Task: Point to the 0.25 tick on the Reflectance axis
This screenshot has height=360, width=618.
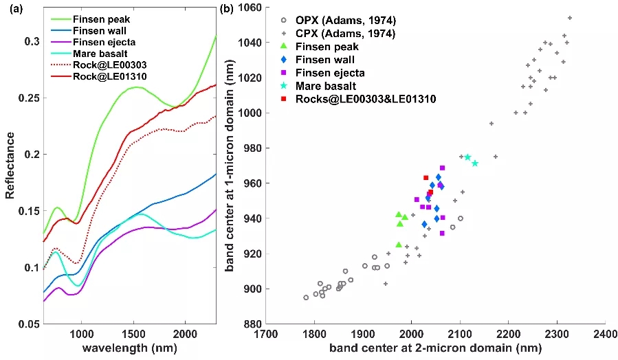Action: point(28,98)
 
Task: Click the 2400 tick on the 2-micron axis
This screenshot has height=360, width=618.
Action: point(604,335)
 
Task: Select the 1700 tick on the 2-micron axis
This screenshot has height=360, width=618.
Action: point(266,335)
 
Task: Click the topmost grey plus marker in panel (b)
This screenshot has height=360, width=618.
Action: point(569,18)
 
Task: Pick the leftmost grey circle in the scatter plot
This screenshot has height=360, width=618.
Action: point(306,297)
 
